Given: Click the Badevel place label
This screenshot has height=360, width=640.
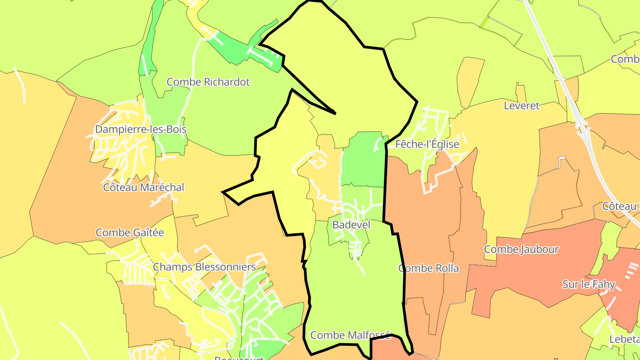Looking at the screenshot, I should point(351,225).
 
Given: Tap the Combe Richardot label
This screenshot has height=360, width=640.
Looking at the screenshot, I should point(208,82).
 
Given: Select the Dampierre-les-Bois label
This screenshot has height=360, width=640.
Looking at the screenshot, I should point(140,129).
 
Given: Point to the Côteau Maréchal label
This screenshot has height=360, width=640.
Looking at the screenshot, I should point(144,188).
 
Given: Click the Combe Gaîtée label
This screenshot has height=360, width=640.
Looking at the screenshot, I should point(130,232).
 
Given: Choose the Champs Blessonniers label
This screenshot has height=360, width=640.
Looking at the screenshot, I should point(204,267).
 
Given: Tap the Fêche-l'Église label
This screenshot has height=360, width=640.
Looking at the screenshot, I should point(427,144).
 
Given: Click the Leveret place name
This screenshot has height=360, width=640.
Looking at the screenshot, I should point(521,106).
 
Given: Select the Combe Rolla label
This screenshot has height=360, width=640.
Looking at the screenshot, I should point(428,268).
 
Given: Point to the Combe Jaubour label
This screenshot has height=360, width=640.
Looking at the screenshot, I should point(521,249).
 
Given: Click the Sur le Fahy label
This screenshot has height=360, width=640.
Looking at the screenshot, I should point(588,284).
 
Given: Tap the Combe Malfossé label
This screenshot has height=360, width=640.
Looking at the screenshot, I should point(350,335).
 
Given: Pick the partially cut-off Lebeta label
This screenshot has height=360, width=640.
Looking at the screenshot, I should point(624,339).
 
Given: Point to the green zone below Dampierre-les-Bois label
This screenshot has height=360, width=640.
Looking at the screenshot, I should point(171,142).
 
